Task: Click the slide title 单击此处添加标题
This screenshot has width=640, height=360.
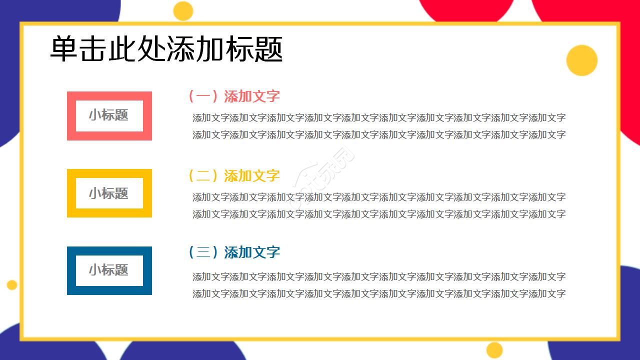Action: coord(166,49)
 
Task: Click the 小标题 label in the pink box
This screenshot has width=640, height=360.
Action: coord(109,115)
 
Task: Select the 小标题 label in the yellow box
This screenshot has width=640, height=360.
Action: coord(109,193)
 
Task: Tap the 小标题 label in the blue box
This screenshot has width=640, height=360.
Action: coord(109,270)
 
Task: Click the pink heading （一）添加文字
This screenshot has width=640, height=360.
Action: coord(233,96)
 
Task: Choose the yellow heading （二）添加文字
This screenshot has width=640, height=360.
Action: coord(233,175)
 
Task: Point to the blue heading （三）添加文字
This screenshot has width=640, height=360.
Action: coord(233,252)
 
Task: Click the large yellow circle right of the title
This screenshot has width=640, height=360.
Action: coord(581,60)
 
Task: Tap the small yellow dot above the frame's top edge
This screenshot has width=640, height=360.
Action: coord(183,11)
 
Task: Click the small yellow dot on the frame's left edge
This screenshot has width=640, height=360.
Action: coord(12,285)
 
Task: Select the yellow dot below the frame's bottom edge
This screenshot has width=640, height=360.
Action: coord(494,350)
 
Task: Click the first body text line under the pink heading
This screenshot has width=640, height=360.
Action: coord(379,118)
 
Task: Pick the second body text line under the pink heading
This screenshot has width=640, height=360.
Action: coord(379,134)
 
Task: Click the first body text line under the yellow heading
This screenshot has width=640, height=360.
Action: coord(379,197)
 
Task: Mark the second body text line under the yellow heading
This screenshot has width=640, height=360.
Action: coord(379,214)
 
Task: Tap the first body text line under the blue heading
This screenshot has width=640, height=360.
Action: coord(379,276)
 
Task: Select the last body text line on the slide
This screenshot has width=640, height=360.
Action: coord(379,293)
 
